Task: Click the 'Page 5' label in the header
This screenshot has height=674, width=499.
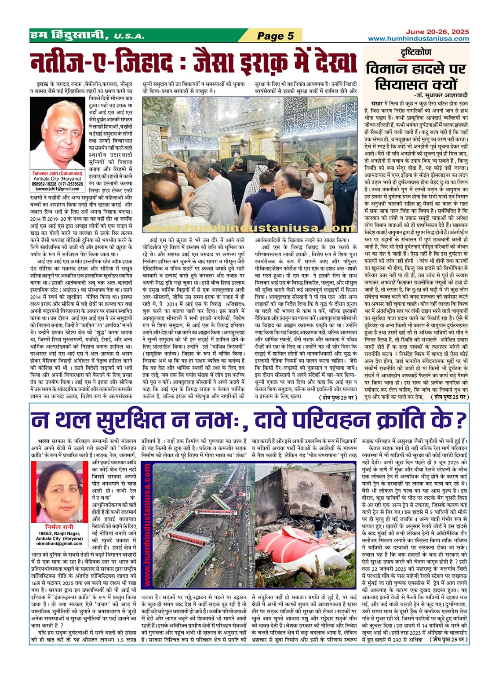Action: tap(275, 36)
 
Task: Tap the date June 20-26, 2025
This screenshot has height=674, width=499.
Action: tap(437, 32)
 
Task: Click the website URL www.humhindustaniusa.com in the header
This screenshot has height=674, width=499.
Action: tap(418, 39)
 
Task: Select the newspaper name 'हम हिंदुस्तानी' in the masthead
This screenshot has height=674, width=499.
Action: tap(69, 35)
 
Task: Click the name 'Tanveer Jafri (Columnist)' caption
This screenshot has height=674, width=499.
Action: tap(57, 174)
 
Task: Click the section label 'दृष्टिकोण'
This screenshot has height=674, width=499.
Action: tap(416, 52)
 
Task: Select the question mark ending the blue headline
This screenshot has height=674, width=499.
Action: tap(460, 420)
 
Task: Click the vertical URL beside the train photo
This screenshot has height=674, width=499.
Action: tap(147, 525)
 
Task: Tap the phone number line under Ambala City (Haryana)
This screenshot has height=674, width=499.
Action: tap(57, 184)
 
